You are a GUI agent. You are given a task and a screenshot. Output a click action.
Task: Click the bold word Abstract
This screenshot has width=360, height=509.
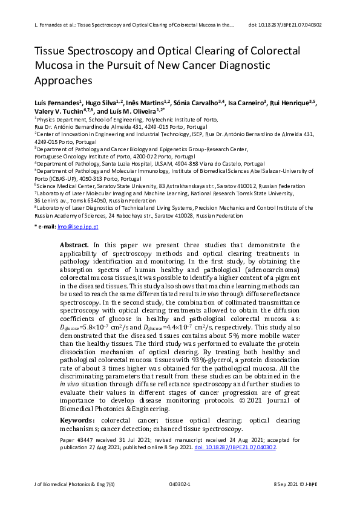[x=74, y=245]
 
